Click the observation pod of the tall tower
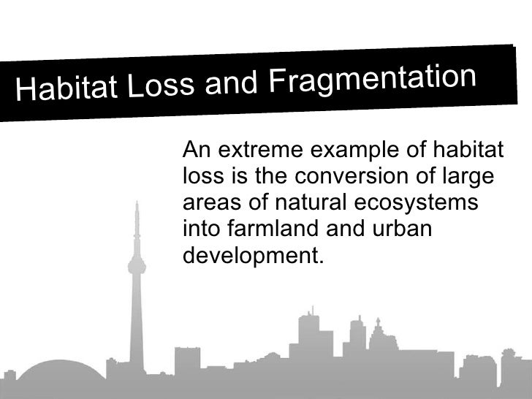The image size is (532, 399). click(x=134, y=264)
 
